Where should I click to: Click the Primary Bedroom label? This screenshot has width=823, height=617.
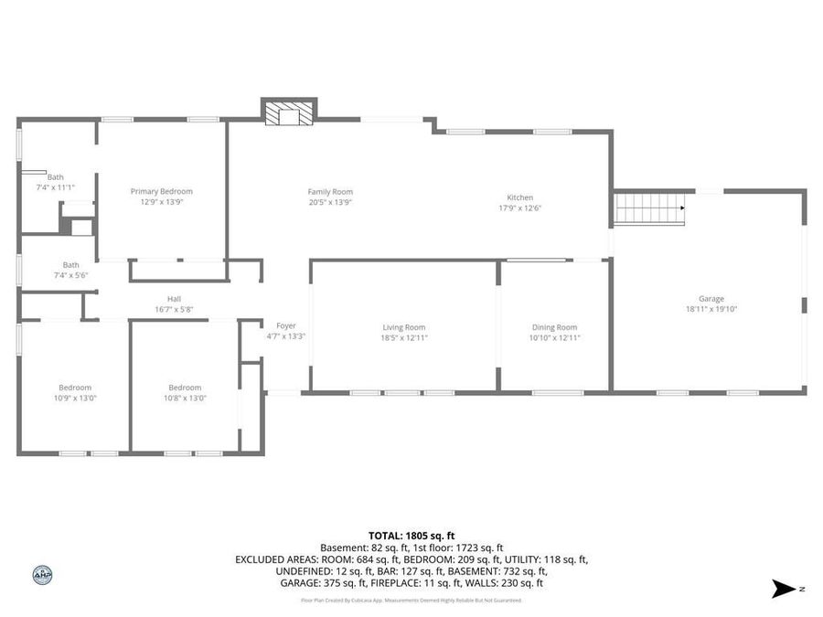(x=162, y=191)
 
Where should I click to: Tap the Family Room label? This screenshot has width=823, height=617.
(x=330, y=191)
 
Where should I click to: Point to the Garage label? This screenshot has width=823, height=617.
(x=711, y=299)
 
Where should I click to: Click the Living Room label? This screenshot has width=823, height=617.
(x=404, y=327)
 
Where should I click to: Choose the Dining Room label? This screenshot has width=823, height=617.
(x=555, y=327)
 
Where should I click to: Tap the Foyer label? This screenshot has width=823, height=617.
(x=286, y=325)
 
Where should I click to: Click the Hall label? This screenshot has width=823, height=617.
(x=174, y=299)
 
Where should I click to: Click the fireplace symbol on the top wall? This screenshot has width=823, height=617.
(x=289, y=112)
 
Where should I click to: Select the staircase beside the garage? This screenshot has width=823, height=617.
(x=649, y=207)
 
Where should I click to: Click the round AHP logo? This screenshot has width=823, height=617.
(x=42, y=575)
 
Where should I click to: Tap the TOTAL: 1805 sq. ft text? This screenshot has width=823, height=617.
(x=411, y=536)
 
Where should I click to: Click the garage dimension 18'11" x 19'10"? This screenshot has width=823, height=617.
(x=711, y=310)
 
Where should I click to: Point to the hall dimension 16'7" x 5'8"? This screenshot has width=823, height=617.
(x=174, y=310)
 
